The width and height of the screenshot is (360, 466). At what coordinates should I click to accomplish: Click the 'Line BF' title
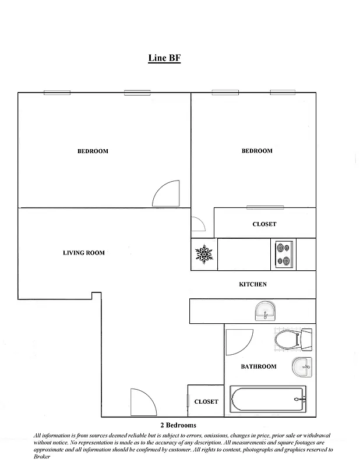[x=164, y=58]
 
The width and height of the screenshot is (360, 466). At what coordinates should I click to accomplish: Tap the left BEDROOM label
[x=93, y=151]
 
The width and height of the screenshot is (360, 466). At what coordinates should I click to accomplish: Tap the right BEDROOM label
[x=257, y=151]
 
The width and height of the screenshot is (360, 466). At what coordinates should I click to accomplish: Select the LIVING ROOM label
[x=84, y=253]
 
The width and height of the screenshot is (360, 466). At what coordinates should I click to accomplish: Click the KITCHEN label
[x=253, y=284]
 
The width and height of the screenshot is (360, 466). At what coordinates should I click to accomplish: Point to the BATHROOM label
[x=259, y=366]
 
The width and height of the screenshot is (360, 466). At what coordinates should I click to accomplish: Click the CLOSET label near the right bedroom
[x=264, y=224]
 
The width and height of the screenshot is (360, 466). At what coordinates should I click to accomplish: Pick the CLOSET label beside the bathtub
[x=206, y=401]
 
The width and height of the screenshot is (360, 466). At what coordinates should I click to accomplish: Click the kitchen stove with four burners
[x=283, y=254]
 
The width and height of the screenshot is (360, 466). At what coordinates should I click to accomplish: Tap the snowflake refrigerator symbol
[x=204, y=254]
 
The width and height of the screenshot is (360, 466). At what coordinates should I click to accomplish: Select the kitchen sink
[x=266, y=311]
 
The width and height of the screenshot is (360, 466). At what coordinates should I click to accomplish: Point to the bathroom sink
[x=301, y=367]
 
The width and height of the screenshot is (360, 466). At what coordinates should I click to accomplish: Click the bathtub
[x=267, y=400]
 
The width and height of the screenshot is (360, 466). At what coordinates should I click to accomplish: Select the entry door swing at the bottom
[x=143, y=403]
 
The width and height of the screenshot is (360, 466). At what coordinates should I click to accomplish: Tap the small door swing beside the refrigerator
[x=197, y=224]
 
